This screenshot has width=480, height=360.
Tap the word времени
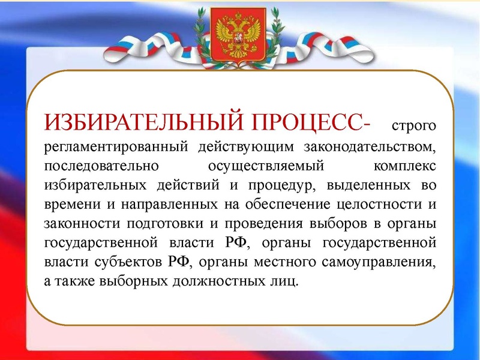67,203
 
